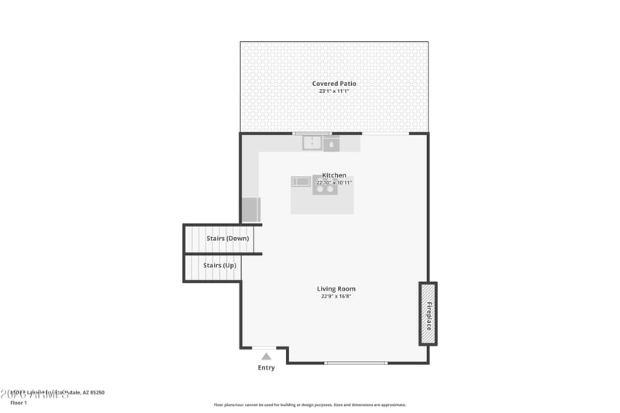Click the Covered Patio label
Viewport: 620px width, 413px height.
point(334,84)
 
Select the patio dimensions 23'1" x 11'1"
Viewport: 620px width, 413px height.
point(334,91)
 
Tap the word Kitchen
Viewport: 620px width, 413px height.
point(334,176)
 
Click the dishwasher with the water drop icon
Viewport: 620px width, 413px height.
point(331,144)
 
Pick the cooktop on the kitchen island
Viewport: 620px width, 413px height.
point(325,186)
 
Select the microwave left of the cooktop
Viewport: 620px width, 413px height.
point(301,182)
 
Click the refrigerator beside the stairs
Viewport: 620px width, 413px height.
point(251,210)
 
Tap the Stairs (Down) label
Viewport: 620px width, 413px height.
point(227,239)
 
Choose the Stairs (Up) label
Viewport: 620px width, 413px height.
point(219,266)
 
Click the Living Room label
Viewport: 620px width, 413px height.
point(336,289)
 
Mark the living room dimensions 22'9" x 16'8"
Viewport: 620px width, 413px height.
point(336,297)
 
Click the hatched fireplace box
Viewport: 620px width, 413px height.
point(428,313)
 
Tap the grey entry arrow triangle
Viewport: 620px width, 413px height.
point(266,356)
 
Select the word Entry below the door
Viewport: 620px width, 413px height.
point(266,368)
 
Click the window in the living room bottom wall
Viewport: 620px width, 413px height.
point(356,363)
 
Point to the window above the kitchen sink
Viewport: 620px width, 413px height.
point(312,133)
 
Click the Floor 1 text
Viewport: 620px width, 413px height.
point(19,403)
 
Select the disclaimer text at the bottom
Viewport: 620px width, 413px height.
point(309,404)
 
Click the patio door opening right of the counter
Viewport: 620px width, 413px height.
point(385,133)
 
